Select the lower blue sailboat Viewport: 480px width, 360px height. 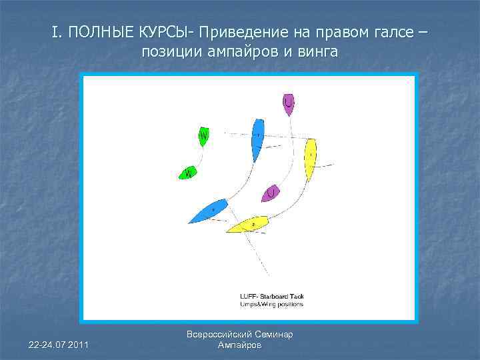[x=209, y=211]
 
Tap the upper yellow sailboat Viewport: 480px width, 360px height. [x=310, y=159]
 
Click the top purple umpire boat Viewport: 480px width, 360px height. [x=288, y=103]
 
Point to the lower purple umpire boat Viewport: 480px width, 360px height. [x=271, y=193]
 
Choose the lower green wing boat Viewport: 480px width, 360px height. [x=188, y=173]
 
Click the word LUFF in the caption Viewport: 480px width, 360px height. [x=248, y=297]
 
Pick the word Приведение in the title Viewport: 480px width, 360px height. [x=243, y=32]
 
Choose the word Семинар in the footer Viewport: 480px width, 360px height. [x=274, y=334]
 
